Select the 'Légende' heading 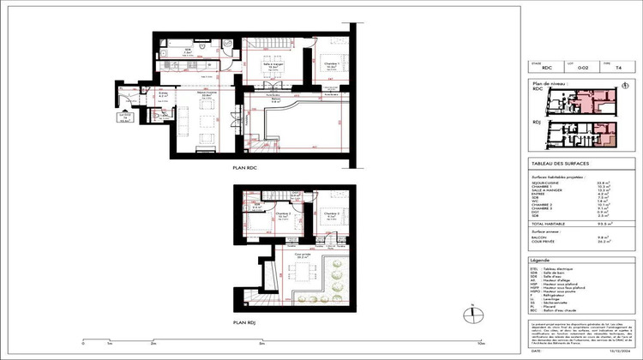click(542, 259)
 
